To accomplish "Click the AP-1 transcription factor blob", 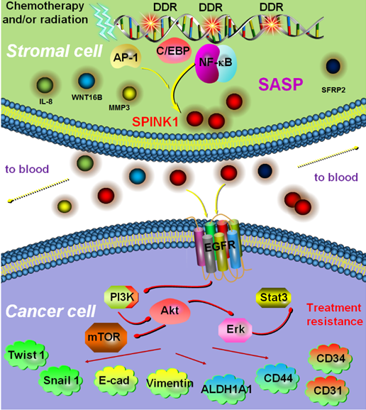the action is tap(126, 57).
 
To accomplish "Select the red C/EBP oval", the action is tap(173, 50).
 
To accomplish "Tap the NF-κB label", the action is tap(216, 62).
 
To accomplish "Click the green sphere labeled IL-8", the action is tap(45, 85).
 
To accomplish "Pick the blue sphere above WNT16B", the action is tap(87, 81).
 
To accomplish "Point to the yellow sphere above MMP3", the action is tap(129, 94).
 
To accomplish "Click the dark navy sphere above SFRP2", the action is tap(333, 66).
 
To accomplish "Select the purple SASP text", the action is tap(280, 84).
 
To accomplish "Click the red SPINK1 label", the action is tap(155, 122).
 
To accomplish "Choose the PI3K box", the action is tap(121, 297).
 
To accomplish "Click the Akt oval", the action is tap(170, 311).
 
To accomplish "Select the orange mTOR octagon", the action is tap(106, 338).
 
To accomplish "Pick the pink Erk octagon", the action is tap(235, 330).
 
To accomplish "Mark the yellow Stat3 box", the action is tap(273, 297).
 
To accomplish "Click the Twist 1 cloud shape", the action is tap(27, 355).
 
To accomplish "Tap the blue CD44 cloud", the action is tap(278, 378).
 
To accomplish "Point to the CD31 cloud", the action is tap(328, 391).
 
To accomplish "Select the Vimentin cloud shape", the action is tap(170, 383).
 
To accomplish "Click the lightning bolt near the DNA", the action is tap(104, 22).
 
